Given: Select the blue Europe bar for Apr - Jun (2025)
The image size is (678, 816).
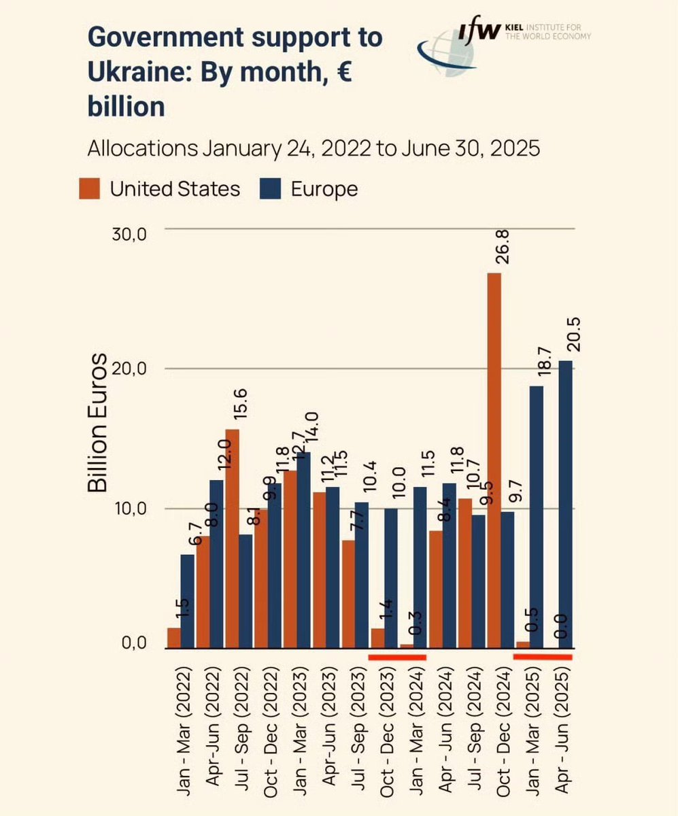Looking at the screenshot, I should coord(565,504).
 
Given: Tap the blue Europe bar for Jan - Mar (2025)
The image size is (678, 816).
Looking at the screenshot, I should coord(537,517).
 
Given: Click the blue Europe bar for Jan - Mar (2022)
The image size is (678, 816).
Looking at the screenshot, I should coord(187,601).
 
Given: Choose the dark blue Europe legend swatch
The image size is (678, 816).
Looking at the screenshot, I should coord(270,188).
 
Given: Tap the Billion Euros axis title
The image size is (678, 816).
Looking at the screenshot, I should coord(99,422).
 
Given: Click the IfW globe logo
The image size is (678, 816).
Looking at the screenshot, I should coord(445,58).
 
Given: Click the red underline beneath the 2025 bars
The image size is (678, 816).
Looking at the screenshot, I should coord(543,657).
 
